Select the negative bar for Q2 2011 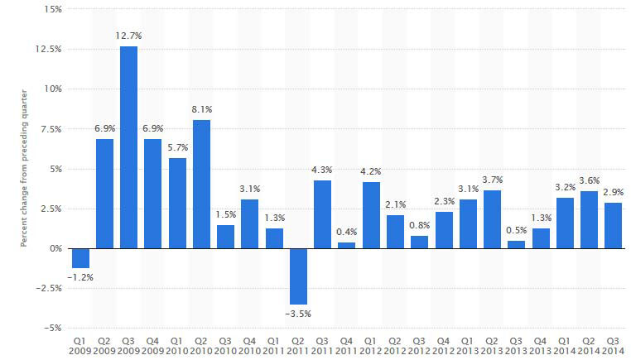point(298,276)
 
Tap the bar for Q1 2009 point(79,257)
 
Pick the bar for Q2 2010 point(201,184)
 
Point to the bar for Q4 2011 point(347,245)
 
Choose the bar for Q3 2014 point(613,225)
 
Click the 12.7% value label point(128,36)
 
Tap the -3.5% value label point(298,314)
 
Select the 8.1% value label point(201,110)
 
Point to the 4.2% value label point(371,172)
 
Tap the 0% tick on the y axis point(53,248)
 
